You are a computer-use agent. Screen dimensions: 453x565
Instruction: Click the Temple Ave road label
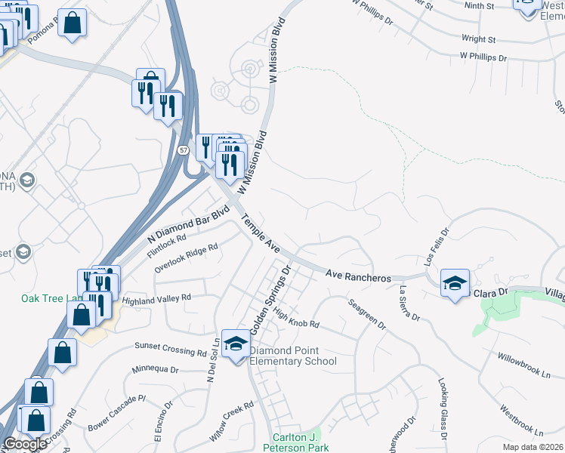[261, 235]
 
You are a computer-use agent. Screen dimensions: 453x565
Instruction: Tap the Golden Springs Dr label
[270, 300]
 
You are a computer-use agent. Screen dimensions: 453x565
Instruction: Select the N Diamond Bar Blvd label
[188, 224]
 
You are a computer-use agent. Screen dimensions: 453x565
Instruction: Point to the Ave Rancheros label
[359, 276]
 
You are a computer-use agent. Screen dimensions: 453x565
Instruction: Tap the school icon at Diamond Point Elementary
[236, 344]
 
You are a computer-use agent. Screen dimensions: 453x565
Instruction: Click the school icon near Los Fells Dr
[455, 283]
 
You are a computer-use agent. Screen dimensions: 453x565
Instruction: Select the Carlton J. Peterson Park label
[296, 442]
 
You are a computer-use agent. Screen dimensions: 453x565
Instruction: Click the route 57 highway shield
[184, 150]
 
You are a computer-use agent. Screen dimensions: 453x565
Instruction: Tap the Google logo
[25, 444]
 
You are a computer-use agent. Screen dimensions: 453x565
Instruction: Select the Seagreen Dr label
[368, 314]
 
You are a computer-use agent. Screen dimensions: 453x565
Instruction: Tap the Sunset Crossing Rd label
[170, 348]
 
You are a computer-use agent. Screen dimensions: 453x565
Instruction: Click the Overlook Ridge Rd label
[186, 257]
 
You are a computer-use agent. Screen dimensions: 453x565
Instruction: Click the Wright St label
[478, 38]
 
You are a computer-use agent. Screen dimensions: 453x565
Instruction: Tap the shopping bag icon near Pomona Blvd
[73, 23]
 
